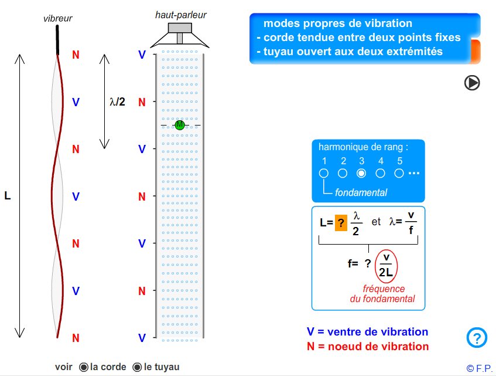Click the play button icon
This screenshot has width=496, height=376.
(x=472, y=83)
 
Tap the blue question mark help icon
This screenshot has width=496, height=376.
(x=477, y=338)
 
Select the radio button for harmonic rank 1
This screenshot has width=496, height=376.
(x=324, y=173)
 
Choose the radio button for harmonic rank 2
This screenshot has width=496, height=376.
(x=343, y=173)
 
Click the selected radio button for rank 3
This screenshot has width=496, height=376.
(x=361, y=173)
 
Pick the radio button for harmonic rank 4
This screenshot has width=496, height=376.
(x=380, y=173)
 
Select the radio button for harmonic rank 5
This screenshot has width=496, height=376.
(x=399, y=173)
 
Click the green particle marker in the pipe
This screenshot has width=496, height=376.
(x=180, y=125)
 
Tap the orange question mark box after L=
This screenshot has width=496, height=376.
(x=341, y=223)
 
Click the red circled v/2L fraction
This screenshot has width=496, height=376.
(x=386, y=265)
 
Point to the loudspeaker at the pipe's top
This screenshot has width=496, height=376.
(x=180, y=35)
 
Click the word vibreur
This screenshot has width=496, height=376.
(x=57, y=19)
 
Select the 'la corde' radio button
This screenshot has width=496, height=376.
(x=84, y=367)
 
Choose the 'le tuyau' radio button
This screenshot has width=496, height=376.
(x=137, y=367)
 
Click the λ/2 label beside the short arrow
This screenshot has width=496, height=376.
(x=118, y=102)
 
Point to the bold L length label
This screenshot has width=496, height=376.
(x=8, y=196)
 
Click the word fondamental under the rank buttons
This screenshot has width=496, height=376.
(x=361, y=192)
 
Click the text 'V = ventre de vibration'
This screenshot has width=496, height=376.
(x=367, y=332)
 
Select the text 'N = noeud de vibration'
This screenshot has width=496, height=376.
(x=368, y=346)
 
